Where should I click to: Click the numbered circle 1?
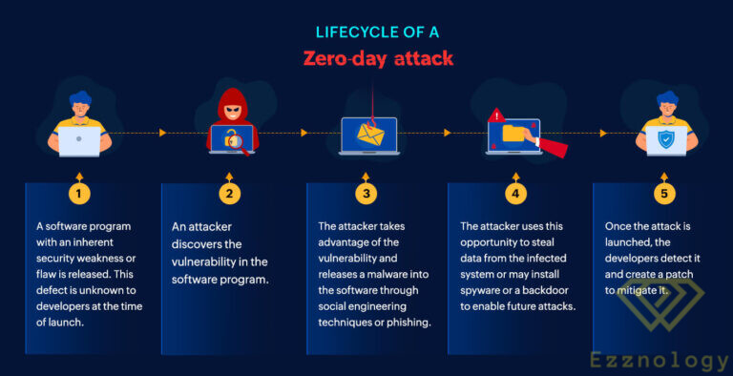pos(79,193)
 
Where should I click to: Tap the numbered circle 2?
pos(229,193)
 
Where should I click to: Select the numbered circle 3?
pos(366,193)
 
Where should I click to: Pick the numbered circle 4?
pos(515,193)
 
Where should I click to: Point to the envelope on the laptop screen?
pos(369,137)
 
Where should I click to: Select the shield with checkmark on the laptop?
pos(665,139)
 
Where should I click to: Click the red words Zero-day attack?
pos(377,59)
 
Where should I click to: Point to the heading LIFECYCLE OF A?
pos(377,32)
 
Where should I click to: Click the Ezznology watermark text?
pos(660,360)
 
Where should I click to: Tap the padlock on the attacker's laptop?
pos(230,139)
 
